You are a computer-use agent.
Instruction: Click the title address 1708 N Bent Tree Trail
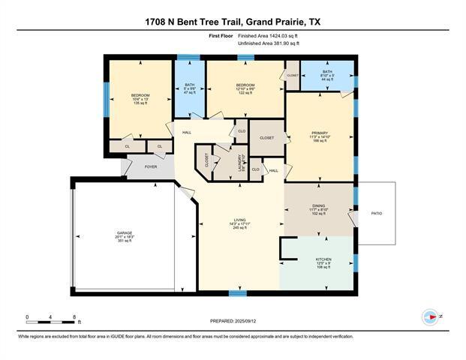tap(233, 22)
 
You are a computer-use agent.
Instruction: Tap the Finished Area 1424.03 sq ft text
tap(268, 35)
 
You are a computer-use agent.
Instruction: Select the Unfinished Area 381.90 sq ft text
tap(269, 43)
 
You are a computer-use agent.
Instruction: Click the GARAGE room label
tap(124, 237)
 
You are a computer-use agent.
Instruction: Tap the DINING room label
tap(318, 208)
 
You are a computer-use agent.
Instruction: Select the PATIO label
tap(377, 214)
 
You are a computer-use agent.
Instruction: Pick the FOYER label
tap(151, 166)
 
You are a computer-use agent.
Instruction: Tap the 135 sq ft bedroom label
tap(140, 98)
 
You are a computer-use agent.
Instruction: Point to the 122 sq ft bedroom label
tap(245, 88)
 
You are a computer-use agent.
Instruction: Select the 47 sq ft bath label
tap(189, 88)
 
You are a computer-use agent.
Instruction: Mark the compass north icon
tap(431, 316)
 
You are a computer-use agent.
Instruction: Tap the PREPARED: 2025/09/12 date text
tap(233, 321)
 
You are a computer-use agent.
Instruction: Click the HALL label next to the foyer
tap(186, 133)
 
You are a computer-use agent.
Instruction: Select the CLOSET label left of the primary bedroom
tap(267, 138)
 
